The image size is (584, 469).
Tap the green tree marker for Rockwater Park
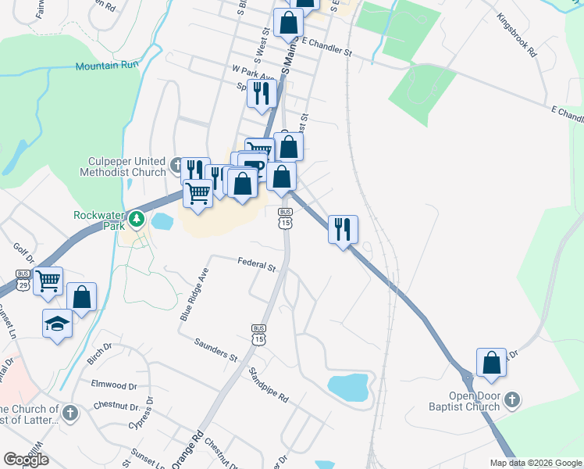coord(137,218)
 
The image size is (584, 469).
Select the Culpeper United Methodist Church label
coord(126,166)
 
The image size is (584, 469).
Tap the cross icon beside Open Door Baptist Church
coord(511,400)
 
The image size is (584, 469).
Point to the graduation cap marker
coord(57,323)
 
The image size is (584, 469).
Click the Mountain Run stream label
coord(107,66)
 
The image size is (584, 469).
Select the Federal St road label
coord(257,266)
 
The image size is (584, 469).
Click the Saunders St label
coord(216,350)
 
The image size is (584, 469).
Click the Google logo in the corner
coord(26,460)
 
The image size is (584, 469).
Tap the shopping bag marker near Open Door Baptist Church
coord(491,363)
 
